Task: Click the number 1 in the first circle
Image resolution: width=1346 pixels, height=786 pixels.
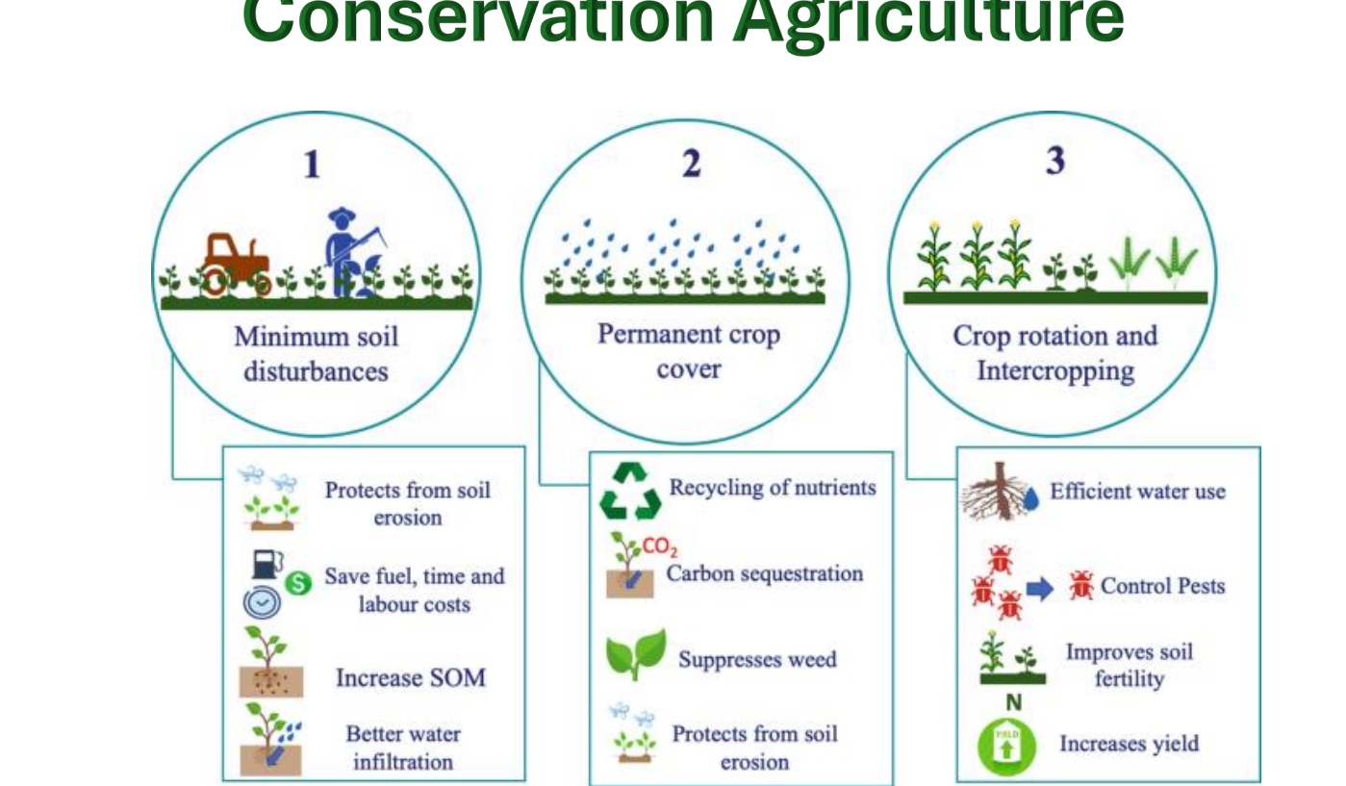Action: pos(311,165)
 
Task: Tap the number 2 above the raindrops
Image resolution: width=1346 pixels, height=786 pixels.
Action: pos(691,165)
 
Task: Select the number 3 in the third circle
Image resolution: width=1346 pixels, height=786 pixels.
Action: pos(1055,161)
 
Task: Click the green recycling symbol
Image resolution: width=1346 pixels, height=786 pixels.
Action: pos(630,490)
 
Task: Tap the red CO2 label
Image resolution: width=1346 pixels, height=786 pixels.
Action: pos(660,547)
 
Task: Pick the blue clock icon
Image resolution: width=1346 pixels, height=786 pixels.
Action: pos(262,602)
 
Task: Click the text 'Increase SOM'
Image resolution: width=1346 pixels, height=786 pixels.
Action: pos(410,677)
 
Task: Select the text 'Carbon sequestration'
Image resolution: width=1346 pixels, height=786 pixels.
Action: pos(765,573)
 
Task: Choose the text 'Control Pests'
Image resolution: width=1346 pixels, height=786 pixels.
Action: pos(1162,585)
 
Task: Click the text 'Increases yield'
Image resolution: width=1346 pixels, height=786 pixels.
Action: pos(1129,743)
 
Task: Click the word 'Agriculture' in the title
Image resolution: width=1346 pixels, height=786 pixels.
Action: pos(929,21)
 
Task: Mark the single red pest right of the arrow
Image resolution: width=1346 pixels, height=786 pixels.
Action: pos(1081,585)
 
